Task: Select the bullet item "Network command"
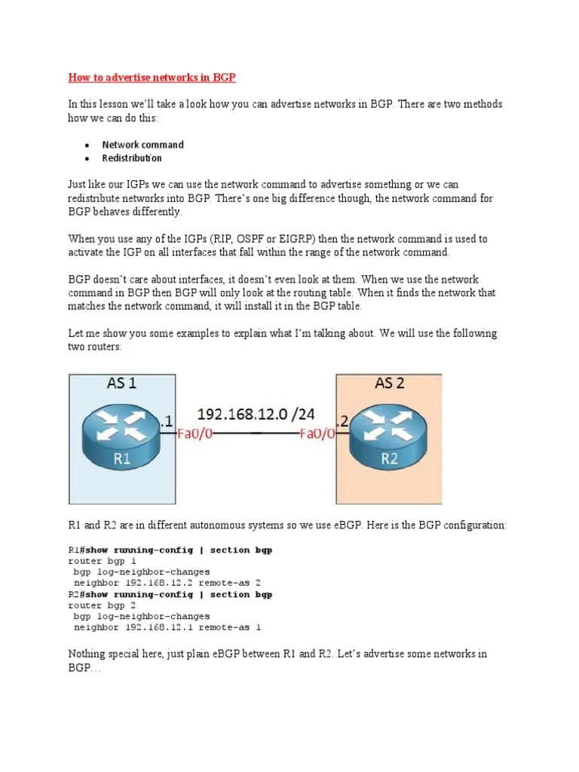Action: tap(142, 145)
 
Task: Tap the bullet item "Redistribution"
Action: tap(132, 158)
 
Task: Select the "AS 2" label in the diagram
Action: tap(390, 384)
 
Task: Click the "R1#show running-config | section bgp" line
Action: tap(170, 550)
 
